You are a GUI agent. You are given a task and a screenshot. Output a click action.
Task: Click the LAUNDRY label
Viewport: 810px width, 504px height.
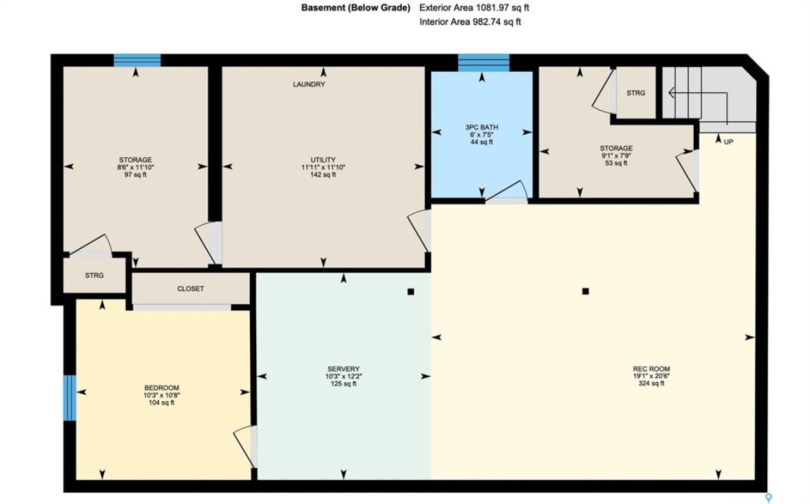(x=309, y=84)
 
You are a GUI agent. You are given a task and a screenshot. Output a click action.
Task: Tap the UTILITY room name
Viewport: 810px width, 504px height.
(x=323, y=160)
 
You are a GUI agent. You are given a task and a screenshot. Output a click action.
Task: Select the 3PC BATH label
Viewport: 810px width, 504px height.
(x=482, y=127)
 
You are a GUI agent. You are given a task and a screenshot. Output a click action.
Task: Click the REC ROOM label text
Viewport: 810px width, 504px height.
(x=651, y=369)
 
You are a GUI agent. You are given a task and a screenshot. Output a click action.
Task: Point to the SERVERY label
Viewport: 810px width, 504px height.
(x=344, y=369)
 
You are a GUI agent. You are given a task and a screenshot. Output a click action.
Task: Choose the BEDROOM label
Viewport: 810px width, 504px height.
(x=162, y=388)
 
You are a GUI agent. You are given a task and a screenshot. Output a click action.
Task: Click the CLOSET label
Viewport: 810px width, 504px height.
(x=190, y=288)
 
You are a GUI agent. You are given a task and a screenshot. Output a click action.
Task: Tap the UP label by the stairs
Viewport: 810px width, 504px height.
(x=728, y=141)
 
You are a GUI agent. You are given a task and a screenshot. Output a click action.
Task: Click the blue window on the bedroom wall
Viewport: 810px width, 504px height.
(x=70, y=398)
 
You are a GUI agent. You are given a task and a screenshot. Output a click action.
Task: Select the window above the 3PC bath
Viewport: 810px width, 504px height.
(x=484, y=62)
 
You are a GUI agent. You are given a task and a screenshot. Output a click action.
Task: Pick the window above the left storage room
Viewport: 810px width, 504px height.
(x=137, y=60)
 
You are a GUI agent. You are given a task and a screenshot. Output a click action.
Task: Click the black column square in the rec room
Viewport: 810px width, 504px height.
(x=585, y=291)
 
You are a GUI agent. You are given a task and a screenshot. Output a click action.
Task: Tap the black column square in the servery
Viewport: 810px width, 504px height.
(x=411, y=292)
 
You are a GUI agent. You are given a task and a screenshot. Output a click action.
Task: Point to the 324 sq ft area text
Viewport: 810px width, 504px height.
(x=651, y=383)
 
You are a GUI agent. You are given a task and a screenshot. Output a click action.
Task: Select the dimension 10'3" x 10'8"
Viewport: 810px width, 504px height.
(x=162, y=395)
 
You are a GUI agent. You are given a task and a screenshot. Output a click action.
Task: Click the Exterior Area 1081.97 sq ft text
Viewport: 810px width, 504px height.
(x=474, y=8)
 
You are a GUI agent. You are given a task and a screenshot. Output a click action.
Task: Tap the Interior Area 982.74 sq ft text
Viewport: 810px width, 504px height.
(x=470, y=22)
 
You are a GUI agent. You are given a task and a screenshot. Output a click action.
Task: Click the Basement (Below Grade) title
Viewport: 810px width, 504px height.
(x=356, y=8)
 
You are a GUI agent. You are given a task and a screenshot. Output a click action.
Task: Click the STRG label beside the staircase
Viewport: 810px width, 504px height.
(x=636, y=93)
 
